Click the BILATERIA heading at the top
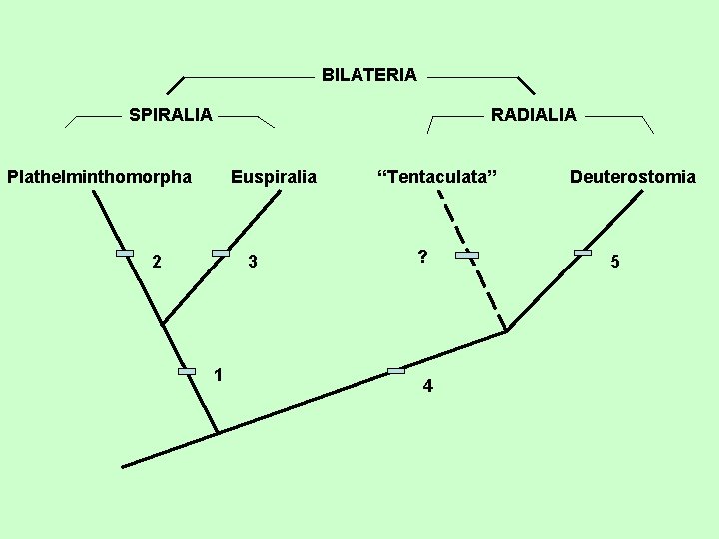pyautogui.click(x=368, y=75)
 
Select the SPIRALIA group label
pyautogui.click(x=170, y=115)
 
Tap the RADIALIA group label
pyautogui.click(x=533, y=115)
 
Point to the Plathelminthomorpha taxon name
pyautogui.click(x=99, y=177)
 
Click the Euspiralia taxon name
pyautogui.click(x=273, y=177)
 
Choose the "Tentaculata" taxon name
pyautogui.click(x=436, y=177)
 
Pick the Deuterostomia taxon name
pyautogui.click(x=633, y=177)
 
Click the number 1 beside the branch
pyautogui.click(x=218, y=375)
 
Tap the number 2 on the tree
pyautogui.click(x=156, y=263)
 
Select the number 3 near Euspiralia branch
pyautogui.click(x=253, y=263)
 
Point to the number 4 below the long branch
pyautogui.click(x=427, y=387)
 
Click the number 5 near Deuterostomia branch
pyautogui.click(x=615, y=262)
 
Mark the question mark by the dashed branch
pyautogui.click(x=423, y=256)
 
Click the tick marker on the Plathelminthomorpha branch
pyautogui.click(x=124, y=254)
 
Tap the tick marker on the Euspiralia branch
pyautogui.click(x=221, y=253)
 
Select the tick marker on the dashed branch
pyautogui.click(x=467, y=256)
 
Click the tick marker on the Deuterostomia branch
pyautogui.click(x=583, y=253)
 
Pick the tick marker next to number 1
pyautogui.click(x=187, y=371)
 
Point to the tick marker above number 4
pyautogui.click(x=395, y=371)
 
